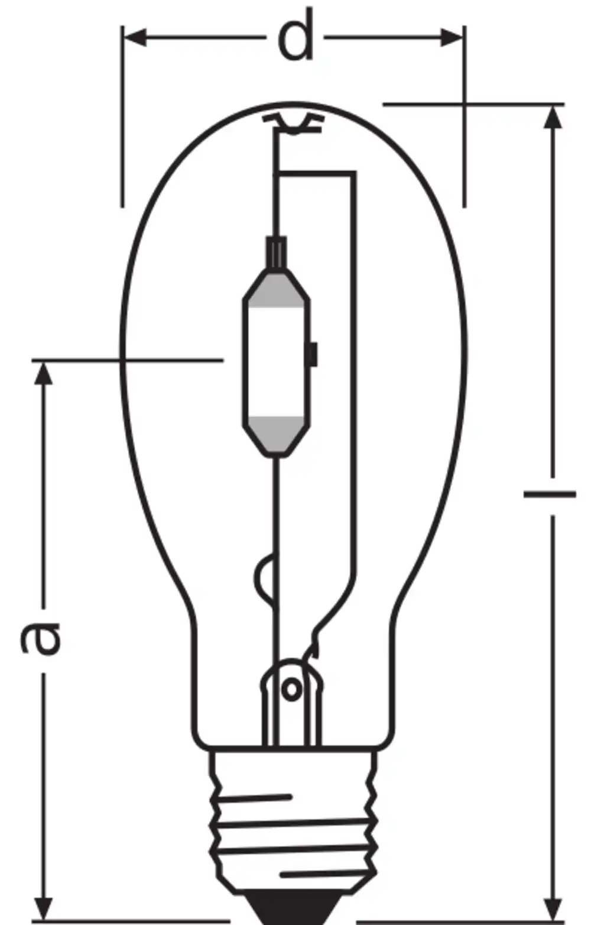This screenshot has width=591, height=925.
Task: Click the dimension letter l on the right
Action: point(550,494)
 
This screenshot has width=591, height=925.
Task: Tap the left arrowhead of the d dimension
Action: point(135,38)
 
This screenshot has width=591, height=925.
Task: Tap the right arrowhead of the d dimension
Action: point(452,38)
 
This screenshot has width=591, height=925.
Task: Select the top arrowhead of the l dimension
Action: point(553,118)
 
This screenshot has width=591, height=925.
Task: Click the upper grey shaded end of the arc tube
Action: point(276,291)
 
